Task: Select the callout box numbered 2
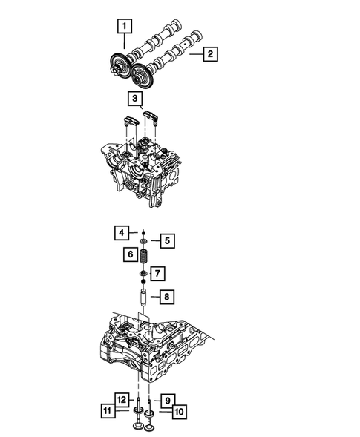click(211, 53)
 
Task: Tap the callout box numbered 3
click(134, 98)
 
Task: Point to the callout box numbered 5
click(167, 240)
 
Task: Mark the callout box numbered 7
click(157, 275)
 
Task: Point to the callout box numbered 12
click(121, 398)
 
